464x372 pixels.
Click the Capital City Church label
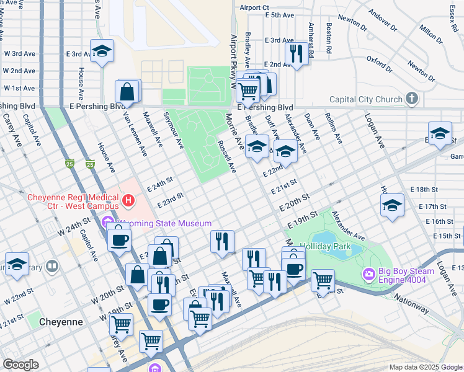click(x=365, y=99)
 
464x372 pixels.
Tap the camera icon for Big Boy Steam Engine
click(x=369, y=273)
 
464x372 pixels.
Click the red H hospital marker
click(x=128, y=200)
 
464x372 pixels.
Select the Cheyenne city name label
click(x=61, y=322)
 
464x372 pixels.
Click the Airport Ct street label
click(x=254, y=7)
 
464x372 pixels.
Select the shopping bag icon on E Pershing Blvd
click(x=127, y=92)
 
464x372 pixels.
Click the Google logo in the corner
click(x=20, y=365)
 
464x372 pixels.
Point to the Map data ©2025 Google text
click(x=426, y=367)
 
